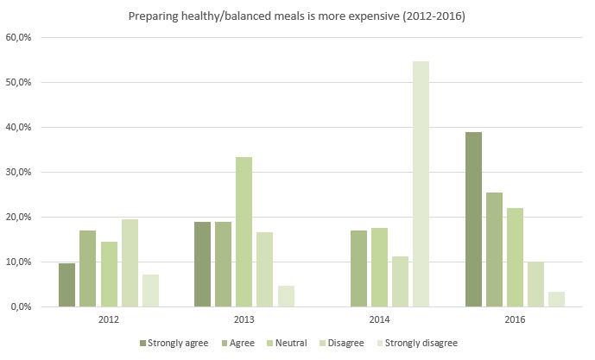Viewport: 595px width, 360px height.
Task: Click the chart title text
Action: click(x=296, y=16)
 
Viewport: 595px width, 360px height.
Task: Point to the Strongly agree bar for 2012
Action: click(x=66, y=285)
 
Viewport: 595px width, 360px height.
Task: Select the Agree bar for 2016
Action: click(x=494, y=249)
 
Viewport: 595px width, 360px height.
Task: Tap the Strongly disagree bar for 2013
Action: click(x=285, y=295)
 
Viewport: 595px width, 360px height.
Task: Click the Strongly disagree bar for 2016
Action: click(x=557, y=299)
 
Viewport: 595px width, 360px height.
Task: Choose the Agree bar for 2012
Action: click(x=87, y=268)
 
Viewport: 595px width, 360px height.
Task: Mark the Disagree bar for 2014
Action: click(x=400, y=281)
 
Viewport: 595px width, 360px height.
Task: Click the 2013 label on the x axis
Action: click(x=244, y=319)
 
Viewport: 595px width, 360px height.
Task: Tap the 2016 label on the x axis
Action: click(x=515, y=319)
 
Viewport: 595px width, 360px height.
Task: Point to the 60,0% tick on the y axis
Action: click(x=18, y=38)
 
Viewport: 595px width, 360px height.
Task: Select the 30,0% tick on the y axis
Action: click(x=18, y=173)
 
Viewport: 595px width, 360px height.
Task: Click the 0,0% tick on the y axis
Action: click(x=21, y=306)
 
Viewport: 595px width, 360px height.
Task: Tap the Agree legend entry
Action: click(x=240, y=344)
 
